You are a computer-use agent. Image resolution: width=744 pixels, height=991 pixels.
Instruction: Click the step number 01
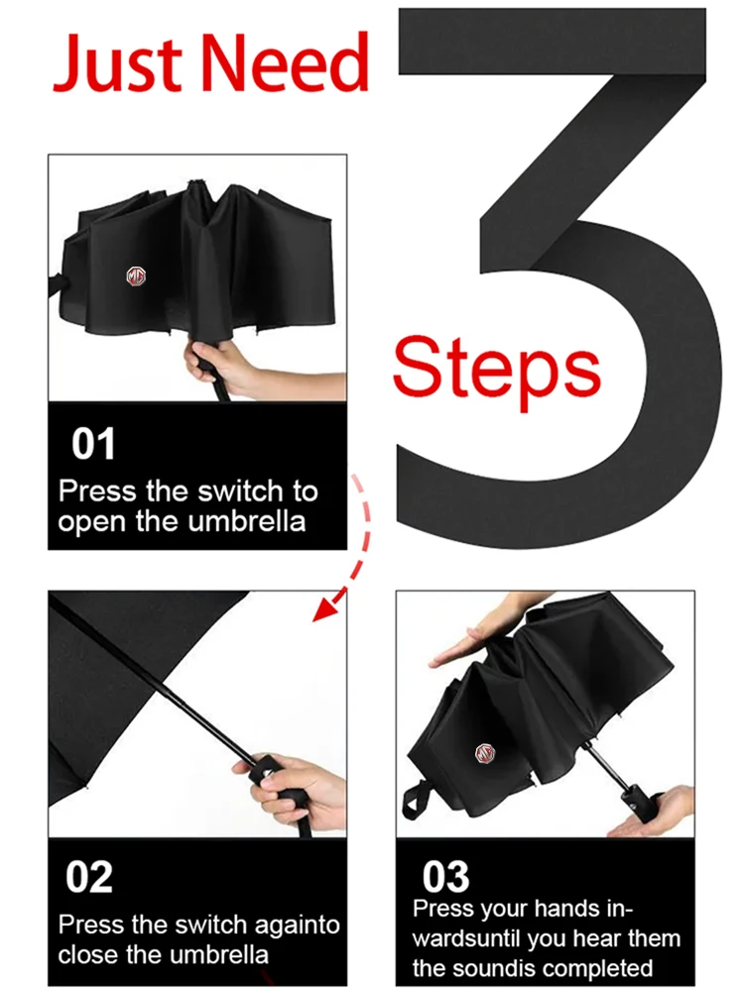pyautogui.click(x=93, y=444)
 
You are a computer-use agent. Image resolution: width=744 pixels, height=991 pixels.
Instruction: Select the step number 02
pyautogui.click(x=89, y=877)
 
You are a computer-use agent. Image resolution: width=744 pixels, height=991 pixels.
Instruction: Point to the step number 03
pyautogui.click(x=446, y=877)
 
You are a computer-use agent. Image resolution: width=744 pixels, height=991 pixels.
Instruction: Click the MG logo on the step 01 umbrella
pyautogui.click(x=135, y=276)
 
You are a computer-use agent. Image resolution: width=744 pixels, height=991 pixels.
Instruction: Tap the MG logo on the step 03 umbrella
pyautogui.click(x=485, y=753)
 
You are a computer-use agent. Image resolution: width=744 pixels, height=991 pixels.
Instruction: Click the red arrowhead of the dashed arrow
pyautogui.click(x=328, y=608)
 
